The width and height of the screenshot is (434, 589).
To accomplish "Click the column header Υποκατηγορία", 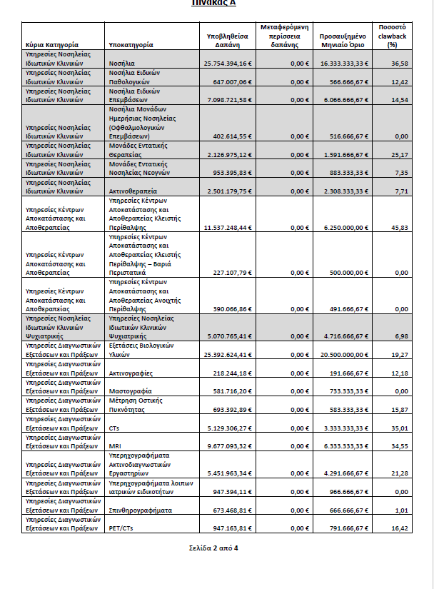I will click(131, 44).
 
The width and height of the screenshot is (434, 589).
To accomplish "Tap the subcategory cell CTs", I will click(115, 428).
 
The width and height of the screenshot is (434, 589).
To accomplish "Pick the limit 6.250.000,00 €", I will click(346, 227).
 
